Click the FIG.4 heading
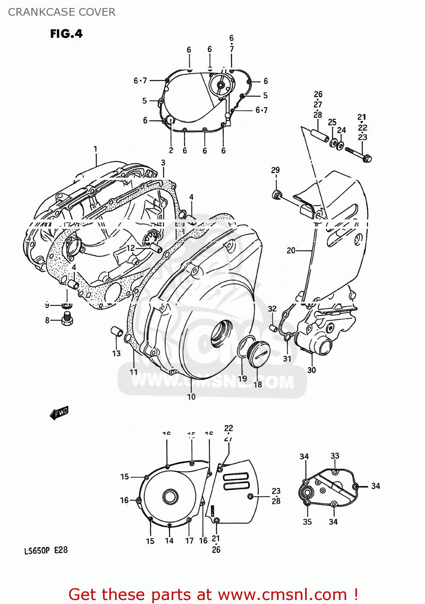point(66,34)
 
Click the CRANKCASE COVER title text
point(62,12)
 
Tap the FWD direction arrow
point(59,413)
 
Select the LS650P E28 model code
point(46,550)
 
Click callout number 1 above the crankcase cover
point(95,149)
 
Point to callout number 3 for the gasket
point(163,163)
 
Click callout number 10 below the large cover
point(191,397)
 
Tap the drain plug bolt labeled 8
point(67,319)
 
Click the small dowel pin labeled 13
point(116,333)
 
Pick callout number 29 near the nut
point(275,170)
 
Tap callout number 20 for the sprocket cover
point(291,250)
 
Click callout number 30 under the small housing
point(312,370)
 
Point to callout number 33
point(335,456)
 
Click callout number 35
point(307,522)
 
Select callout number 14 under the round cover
point(169,541)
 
